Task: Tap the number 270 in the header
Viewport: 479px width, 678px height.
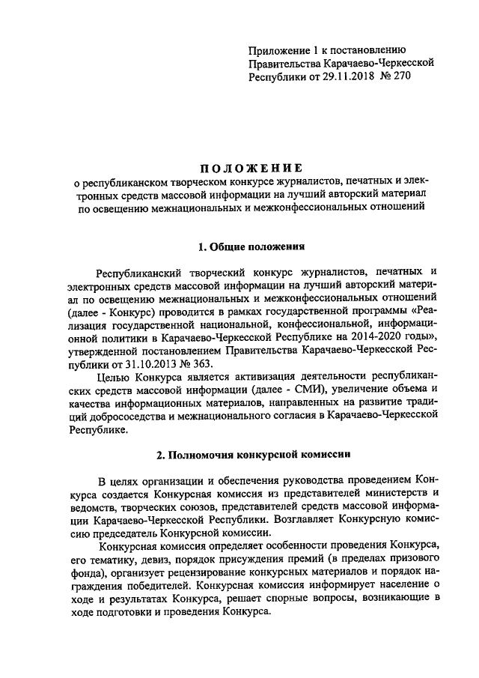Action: [400, 76]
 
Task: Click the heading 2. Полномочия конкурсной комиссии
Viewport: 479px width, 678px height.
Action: [240, 454]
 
